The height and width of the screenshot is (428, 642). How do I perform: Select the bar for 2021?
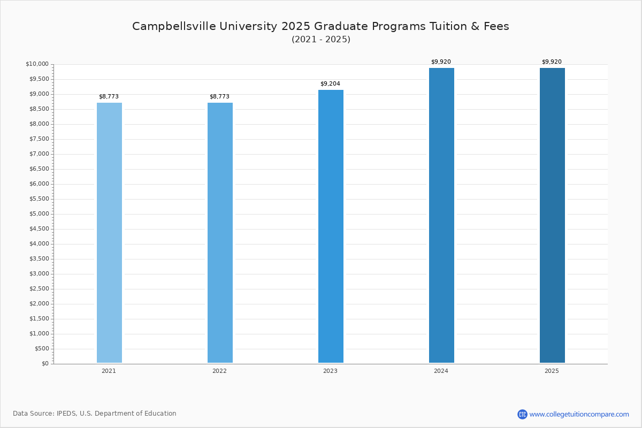point(109,233)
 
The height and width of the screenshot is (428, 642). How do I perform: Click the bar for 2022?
point(220,233)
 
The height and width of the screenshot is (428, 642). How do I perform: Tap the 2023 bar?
point(331,226)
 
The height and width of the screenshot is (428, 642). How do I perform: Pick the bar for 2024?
point(441,216)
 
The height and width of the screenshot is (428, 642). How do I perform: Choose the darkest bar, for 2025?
point(552,216)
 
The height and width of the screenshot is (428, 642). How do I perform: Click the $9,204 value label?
point(330,84)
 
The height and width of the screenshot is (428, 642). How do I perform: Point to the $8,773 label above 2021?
point(109,97)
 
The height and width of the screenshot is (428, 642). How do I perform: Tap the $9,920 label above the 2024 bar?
point(441,62)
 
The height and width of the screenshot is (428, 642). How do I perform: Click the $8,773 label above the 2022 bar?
point(219,97)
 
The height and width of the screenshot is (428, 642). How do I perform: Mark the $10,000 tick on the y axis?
point(37,64)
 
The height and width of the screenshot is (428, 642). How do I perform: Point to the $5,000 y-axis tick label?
point(39,214)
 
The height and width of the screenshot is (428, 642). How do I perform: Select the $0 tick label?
point(45,364)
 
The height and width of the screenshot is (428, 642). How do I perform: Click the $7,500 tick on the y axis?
point(39,139)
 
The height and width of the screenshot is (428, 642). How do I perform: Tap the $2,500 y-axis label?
point(39,289)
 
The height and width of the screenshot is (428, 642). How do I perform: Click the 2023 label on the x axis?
point(330,371)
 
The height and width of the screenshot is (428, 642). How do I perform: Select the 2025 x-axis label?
point(552,371)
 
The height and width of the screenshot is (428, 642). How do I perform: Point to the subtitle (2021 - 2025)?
point(321,40)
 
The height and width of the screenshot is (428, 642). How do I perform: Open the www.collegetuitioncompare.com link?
point(579,414)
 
